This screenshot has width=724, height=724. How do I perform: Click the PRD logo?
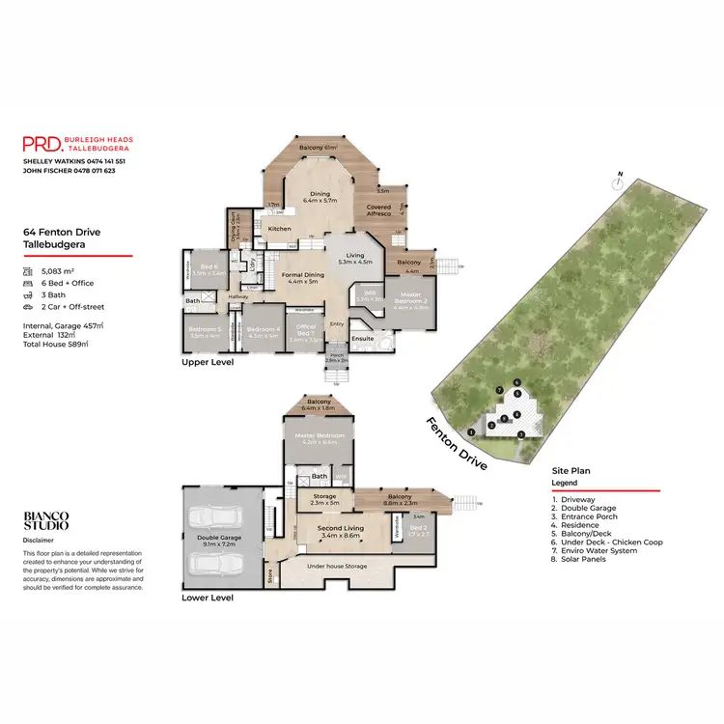coord(42,143)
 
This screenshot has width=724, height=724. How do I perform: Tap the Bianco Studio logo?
coord(46,521)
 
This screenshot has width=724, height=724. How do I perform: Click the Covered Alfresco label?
coord(379,210)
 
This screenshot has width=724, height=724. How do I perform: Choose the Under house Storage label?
coord(337,567)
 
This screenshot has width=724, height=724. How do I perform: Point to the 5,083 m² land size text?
coord(59,273)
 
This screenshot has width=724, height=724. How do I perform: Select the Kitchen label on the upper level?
coord(280,229)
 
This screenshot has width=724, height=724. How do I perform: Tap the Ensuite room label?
coord(363,339)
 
